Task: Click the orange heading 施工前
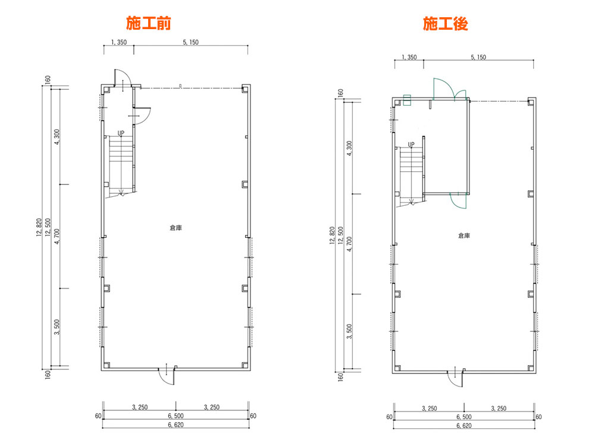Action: click(x=148, y=23)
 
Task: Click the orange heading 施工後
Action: click(x=446, y=24)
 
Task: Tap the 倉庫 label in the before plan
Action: click(x=176, y=228)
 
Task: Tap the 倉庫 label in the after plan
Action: click(x=464, y=235)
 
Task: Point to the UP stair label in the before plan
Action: click(x=121, y=133)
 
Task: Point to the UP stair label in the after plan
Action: click(x=411, y=145)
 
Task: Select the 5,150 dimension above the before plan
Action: click(x=190, y=42)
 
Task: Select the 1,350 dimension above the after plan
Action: click(x=409, y=57)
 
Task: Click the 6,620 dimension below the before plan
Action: click(x=176, y=425)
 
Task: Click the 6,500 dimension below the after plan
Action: click(x=464, y=417)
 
